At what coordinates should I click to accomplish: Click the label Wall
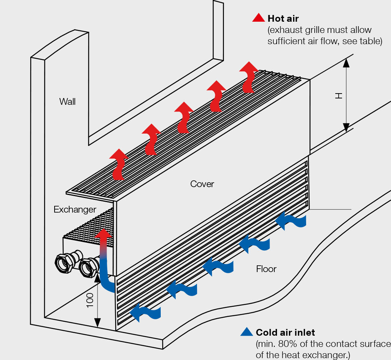[x=67, y=101]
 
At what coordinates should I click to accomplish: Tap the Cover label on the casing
[x=202, y=184]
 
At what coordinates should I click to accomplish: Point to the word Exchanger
[x=75, y=210]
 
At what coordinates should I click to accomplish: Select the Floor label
[x=266, y=269]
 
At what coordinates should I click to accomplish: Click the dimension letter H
[x=339, y=96]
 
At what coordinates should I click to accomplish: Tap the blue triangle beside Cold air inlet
[x=247, y=332]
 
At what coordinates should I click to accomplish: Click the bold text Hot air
[x=283, y=18]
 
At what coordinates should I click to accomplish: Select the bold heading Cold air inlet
[x=285, y=332]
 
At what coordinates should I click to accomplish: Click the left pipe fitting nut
[x=65, y=263]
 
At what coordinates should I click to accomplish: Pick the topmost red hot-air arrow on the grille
[x=248, y=77]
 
